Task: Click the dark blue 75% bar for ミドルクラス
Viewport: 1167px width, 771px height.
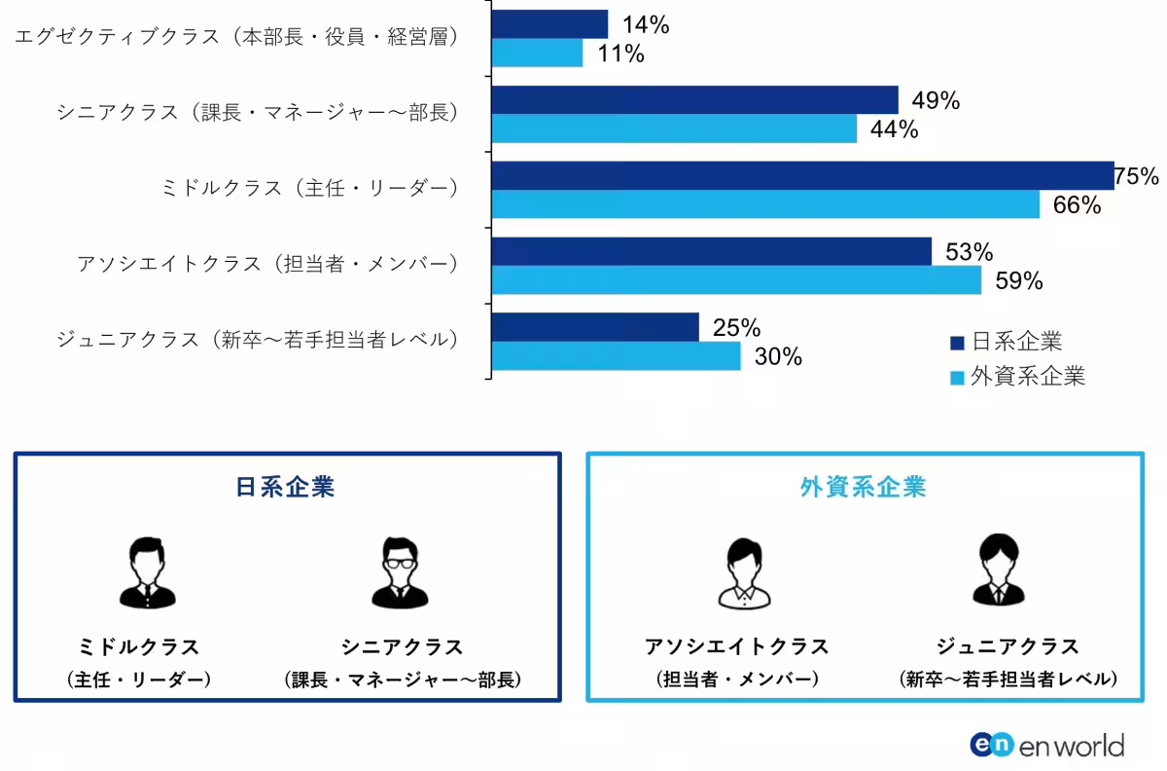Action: tap(802, 175)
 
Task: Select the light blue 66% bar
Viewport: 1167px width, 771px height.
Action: tap(765, 204)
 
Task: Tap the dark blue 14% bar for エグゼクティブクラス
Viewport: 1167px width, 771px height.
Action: tap(549, 24)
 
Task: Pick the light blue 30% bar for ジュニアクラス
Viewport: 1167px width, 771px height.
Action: tap(617, 356)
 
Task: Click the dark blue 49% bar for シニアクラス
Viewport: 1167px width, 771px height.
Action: tap(694, 99)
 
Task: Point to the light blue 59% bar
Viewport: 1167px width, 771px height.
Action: tap(736, 280)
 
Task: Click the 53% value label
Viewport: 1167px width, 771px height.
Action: tap(969, 252)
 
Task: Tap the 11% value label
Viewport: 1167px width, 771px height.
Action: tap(620, 54)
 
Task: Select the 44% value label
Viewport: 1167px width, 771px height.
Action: tap(895, 129)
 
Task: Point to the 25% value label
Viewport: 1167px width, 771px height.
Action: tap(736, 328)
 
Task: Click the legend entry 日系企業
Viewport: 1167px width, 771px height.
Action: tap(1006, 342)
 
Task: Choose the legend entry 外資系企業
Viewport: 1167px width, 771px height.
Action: tap(1017, 377)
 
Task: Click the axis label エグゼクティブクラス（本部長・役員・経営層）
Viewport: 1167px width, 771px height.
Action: tap(236, 37)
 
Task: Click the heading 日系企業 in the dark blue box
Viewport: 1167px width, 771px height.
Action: tap(286, 487)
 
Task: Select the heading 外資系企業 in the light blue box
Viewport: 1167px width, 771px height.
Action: tap(864, 487)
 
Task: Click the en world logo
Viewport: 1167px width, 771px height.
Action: tap(1046, 745)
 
